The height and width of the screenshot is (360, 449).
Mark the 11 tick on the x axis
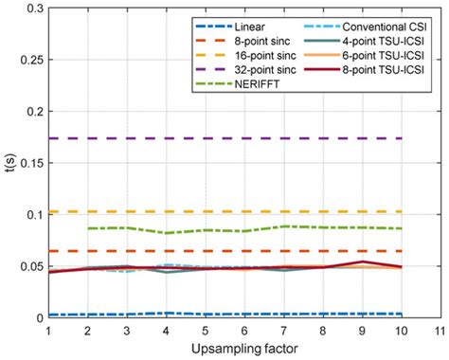coord(437,332)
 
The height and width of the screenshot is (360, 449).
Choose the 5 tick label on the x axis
coord(204,332)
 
